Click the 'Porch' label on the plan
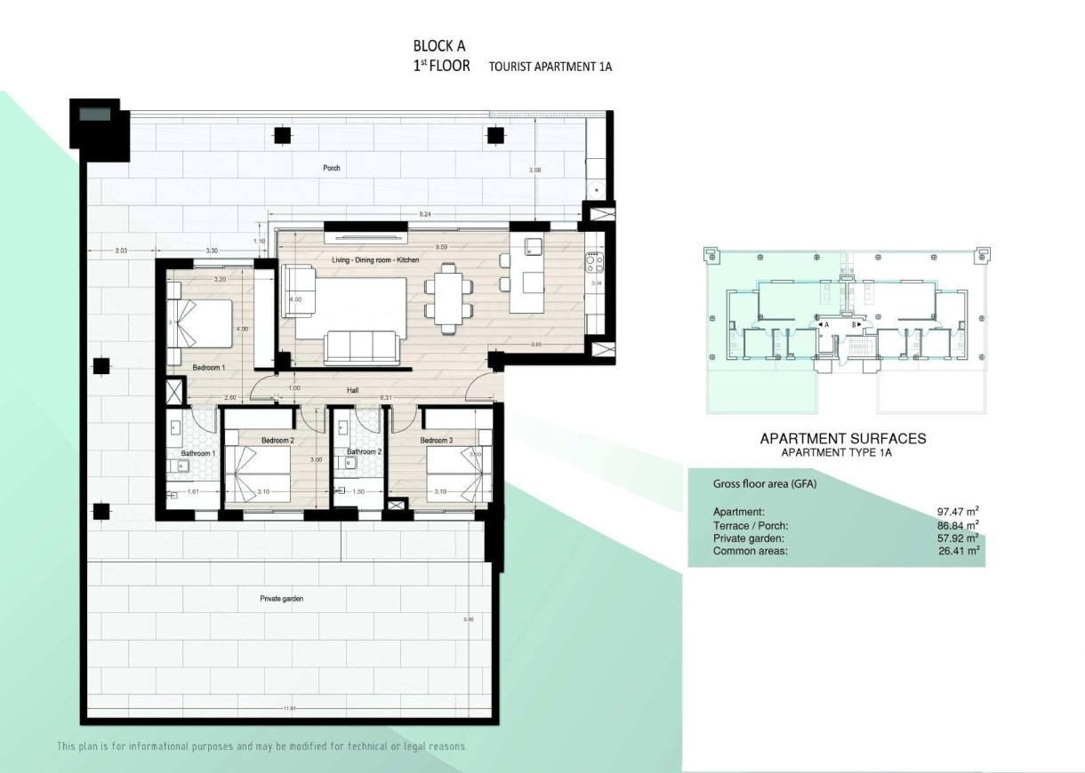point(332,167)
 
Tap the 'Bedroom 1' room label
point(209,367)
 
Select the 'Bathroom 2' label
point(363,452)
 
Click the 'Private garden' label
point(282,599)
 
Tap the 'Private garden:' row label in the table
point(748,538)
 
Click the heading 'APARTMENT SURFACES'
point(842,438)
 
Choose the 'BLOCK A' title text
point(438,45)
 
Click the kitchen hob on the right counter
point(593,262)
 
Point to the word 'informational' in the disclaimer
point(165,746)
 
